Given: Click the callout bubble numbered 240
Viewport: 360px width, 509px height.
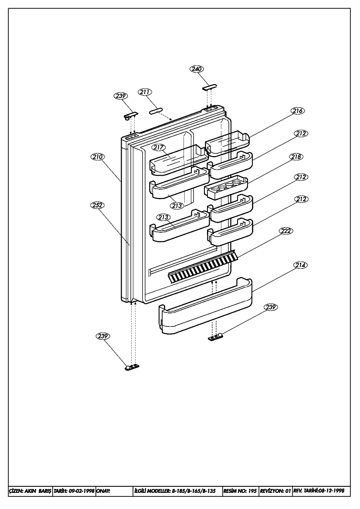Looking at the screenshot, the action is (x=197, y=69).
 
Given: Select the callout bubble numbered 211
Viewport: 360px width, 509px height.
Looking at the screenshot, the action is (x=145, y=92).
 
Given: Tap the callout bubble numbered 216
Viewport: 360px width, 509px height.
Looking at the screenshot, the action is (x=298, y=111).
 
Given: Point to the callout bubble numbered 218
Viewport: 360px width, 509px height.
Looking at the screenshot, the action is (x=296, y=157).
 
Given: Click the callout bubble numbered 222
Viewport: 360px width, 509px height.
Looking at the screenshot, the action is (x=286, y=231).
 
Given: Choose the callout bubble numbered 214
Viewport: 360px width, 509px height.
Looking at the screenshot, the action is (x=301, y=265).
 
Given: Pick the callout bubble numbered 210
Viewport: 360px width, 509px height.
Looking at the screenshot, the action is (x=97, y=157).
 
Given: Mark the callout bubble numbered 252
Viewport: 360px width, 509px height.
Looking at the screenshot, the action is (x=97, y=205).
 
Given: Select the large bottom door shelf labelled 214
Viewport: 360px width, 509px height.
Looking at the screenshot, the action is (x=205, y=306).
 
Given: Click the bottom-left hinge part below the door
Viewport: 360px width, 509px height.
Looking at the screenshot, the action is (x=132, y=367).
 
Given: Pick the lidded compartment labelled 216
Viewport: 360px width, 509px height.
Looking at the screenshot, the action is (x=228, y=143).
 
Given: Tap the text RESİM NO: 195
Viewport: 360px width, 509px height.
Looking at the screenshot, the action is (x=240, y=491).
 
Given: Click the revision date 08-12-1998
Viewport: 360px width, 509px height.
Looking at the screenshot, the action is (x=331, y=491).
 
